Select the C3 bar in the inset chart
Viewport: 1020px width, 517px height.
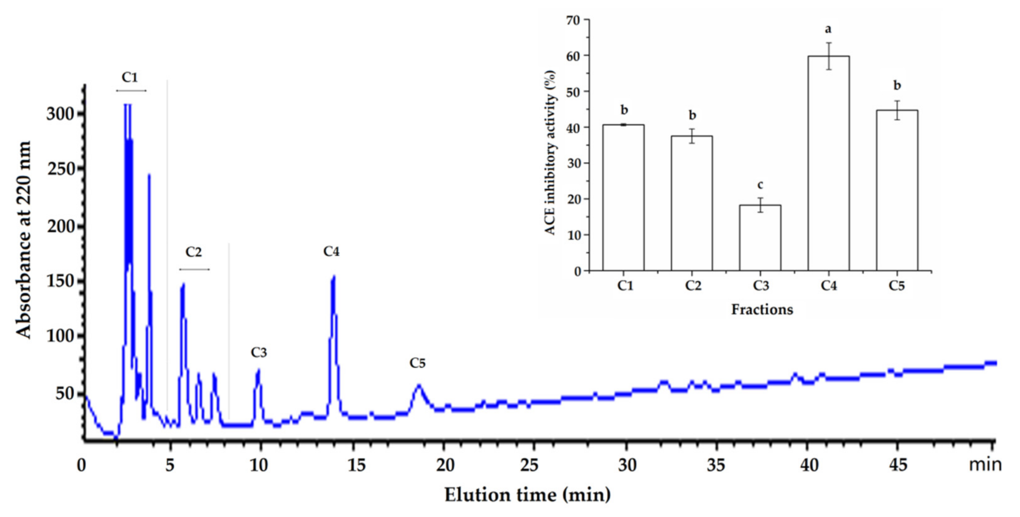(760, 238)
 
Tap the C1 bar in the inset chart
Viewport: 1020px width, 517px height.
(624, 198)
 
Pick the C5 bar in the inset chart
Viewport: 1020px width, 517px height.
(897, 190)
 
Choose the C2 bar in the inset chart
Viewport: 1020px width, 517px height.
(692, 203)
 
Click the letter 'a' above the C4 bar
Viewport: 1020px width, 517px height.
(828, 29)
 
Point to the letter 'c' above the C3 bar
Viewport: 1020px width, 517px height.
(760, 185)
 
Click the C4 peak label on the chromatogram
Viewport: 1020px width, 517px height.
(331, 251)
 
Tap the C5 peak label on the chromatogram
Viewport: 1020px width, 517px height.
(417, 363)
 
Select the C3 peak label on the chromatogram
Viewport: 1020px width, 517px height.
(259, 352)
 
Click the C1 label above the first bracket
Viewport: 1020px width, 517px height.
(130, 77)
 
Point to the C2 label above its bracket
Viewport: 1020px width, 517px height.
(193, 252)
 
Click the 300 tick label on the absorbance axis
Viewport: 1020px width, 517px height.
(60, 114)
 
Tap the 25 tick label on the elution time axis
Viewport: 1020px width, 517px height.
(529, 466)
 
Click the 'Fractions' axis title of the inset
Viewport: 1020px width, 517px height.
(762, 309)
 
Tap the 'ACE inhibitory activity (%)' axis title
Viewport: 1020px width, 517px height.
(551, 152)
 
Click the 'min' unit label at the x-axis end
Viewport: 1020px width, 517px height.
(985, 465)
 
